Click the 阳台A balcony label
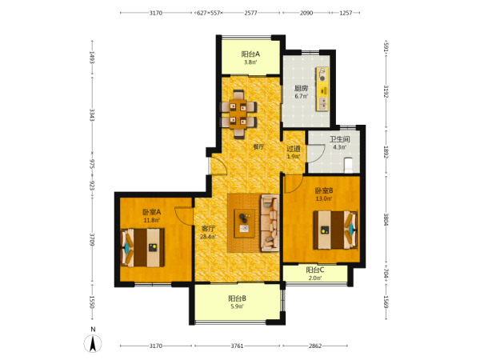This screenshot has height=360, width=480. point(250,54)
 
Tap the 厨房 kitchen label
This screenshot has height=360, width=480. point(301,89)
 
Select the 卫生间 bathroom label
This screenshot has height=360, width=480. point(339,139)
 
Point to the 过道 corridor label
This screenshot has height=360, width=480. point(294,149)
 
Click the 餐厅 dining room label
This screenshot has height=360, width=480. point(258,146)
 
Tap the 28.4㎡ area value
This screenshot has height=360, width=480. point(208,237)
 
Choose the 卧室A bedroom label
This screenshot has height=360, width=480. point(151,212)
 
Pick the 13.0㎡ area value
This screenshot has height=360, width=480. point(324,198)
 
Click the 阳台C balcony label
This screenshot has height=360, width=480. point(315,270)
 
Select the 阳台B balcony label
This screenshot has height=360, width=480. point(238,298)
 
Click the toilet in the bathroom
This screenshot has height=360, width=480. point(349,166)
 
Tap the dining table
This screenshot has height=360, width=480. point(238,114)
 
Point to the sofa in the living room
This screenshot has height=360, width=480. point(270,223)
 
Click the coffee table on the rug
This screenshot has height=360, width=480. point(245,223)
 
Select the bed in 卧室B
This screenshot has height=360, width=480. point(335,230)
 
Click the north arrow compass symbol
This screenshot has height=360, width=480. point(93,343)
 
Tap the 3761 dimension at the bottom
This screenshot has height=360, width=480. point(237,346)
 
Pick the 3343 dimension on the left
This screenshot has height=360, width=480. point(91,114)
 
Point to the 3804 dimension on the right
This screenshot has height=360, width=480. point(386,219)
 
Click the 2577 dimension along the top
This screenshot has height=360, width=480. point(250,13)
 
